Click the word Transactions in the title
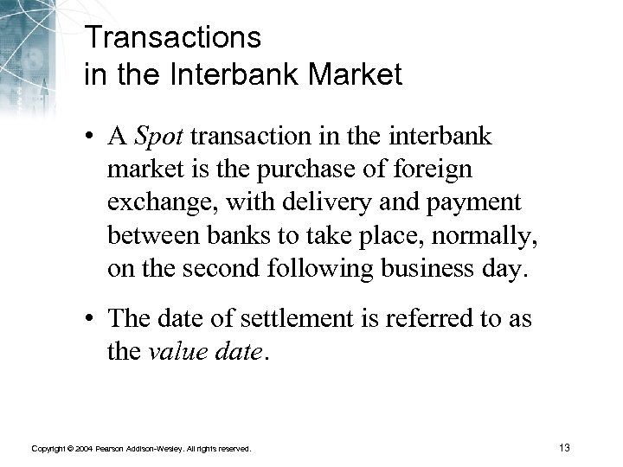[172, 39]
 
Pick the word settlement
[272, 319]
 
